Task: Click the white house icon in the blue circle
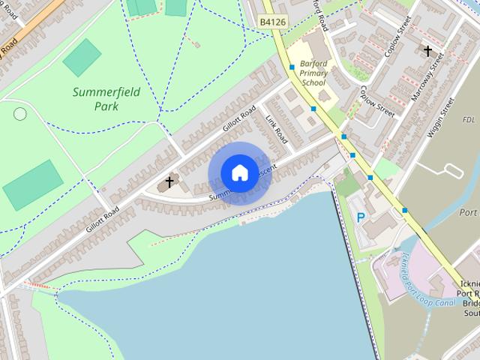coord(239,173)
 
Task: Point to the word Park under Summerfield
coord(106,106)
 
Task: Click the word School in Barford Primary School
coord(313,83)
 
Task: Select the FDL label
coord(469,120)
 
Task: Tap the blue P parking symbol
coord(361,217)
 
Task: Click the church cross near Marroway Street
coord(427,51)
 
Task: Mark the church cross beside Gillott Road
coord(169,181)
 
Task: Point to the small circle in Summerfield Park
coord(20,114)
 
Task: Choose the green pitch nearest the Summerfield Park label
coord(82,58)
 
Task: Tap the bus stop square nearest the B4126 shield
coord(292,67)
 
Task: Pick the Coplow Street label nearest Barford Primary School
coord(376,100)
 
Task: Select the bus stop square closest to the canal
coord(406,211)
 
